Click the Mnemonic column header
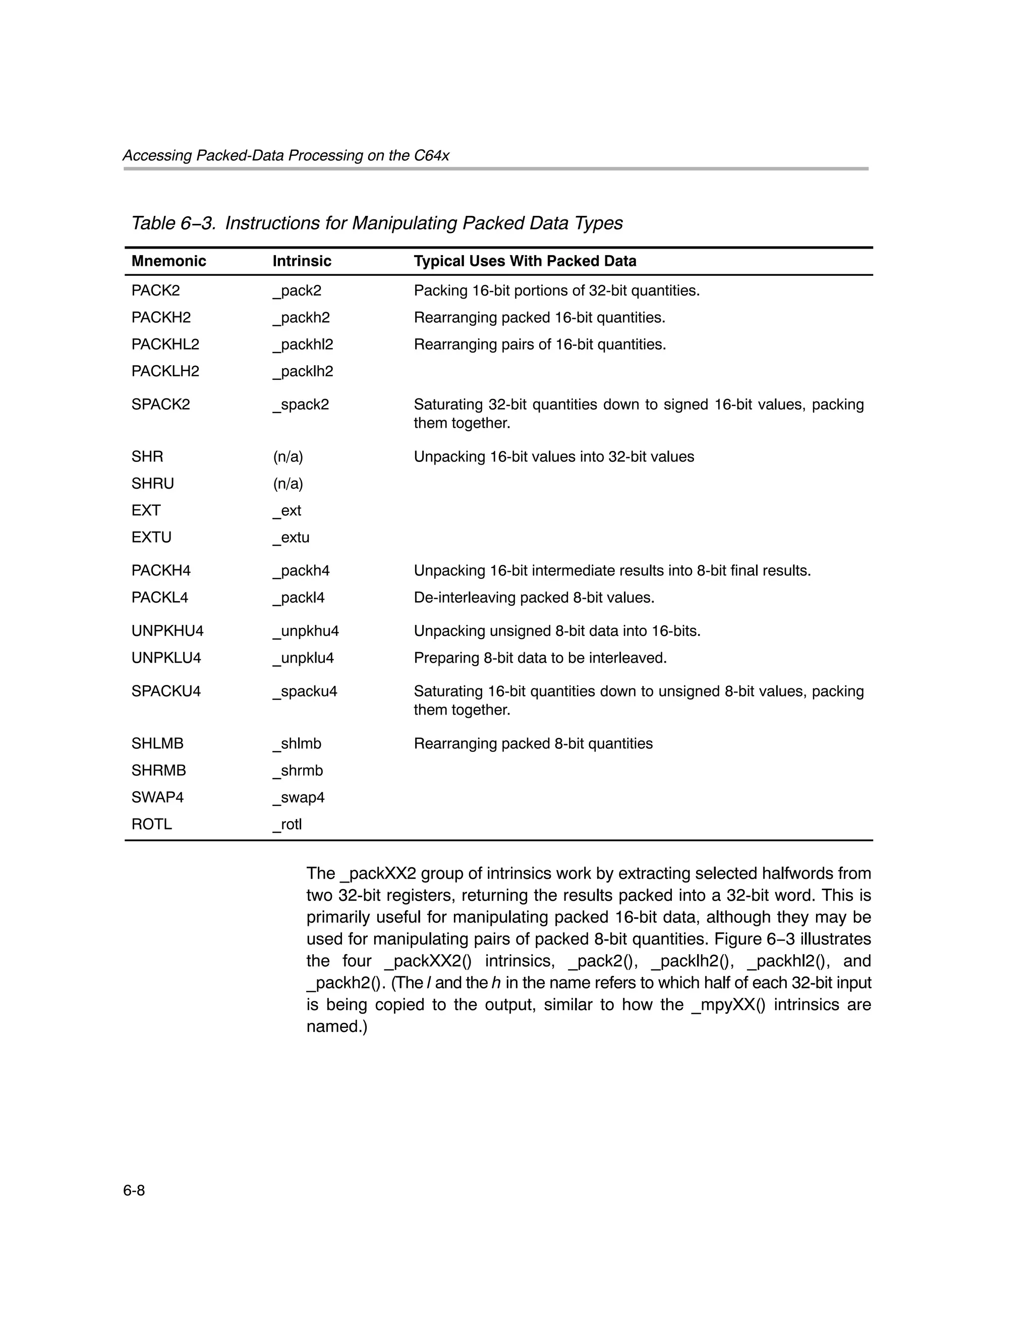pos(168,261)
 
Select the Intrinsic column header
pos(302,261)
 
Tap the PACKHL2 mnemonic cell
pos(165,344)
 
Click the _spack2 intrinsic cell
pos(301,404)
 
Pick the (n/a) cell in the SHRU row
pos(288,484)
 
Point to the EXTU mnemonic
pos(151,538)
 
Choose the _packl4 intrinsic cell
pos(298,598)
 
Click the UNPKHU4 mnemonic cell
pos(167,631)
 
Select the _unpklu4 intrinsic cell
pos(303,658)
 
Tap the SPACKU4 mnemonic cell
pos(166,692)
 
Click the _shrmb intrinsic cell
pos(298,771)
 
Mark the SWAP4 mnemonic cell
pos(157,798)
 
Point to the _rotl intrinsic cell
pos(287,825)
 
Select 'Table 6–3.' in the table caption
pos(174,223)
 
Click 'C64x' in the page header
pos(431,155)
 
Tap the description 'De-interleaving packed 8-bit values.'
pos(534,598)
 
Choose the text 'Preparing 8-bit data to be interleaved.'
pos(540,658)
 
